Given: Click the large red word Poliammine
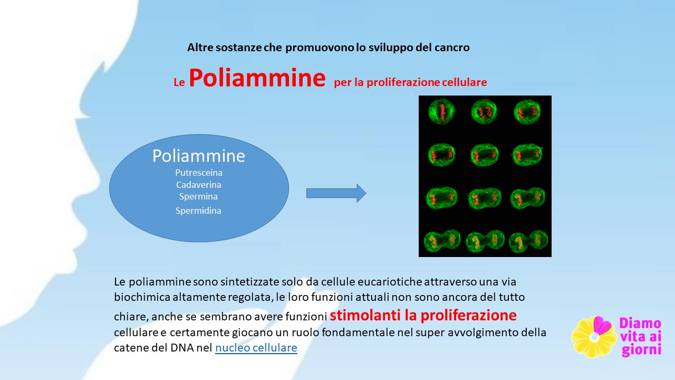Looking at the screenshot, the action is point(257,78).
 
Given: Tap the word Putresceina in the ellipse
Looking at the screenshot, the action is point(199,173).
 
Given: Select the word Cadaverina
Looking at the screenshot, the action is point(199,185).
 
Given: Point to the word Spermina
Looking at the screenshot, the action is point(198,197).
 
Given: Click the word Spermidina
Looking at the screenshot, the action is point(198,211).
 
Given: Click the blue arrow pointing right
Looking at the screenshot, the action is point(336,193).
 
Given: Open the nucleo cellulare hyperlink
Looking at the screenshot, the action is point(256,348).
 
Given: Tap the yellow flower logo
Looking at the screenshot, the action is point(594,337).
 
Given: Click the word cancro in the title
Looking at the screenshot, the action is point(452,47).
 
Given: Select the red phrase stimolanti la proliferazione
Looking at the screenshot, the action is point(423,315).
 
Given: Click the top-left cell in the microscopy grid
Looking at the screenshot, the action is point(441,111).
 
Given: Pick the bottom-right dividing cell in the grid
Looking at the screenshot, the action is point(529,241).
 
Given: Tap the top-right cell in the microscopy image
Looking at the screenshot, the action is point(527,112).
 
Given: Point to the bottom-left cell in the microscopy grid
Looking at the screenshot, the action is point(442,241).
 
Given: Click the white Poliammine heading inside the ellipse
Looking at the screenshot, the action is point(199,156).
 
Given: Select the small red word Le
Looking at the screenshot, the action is point(179,82).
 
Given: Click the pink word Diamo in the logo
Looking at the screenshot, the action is point(640,324).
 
